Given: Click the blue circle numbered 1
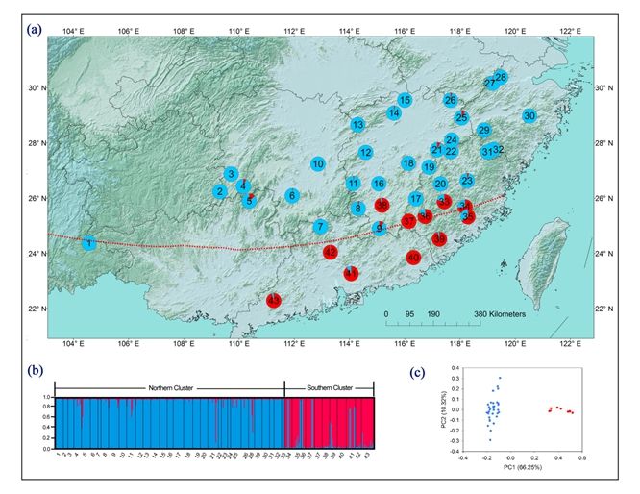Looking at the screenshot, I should pyautogui.click(x=88, y=244).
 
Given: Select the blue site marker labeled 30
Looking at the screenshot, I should pyautogui.click(x=529, y=116).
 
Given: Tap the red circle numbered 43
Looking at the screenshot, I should pyautogui.click(x=274, y=301).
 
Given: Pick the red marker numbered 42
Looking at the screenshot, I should pyautogui.click(x=330, y=252).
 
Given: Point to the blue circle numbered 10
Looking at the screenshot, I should pyautogui.click(x=318, y=164).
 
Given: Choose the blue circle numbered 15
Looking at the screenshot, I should pyautogui.click(x=405, y=100).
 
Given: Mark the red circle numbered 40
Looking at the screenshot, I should pyautogui.click(x=413, y=258).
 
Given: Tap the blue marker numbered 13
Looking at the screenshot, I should pyautogui.click(x=357, y=125).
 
